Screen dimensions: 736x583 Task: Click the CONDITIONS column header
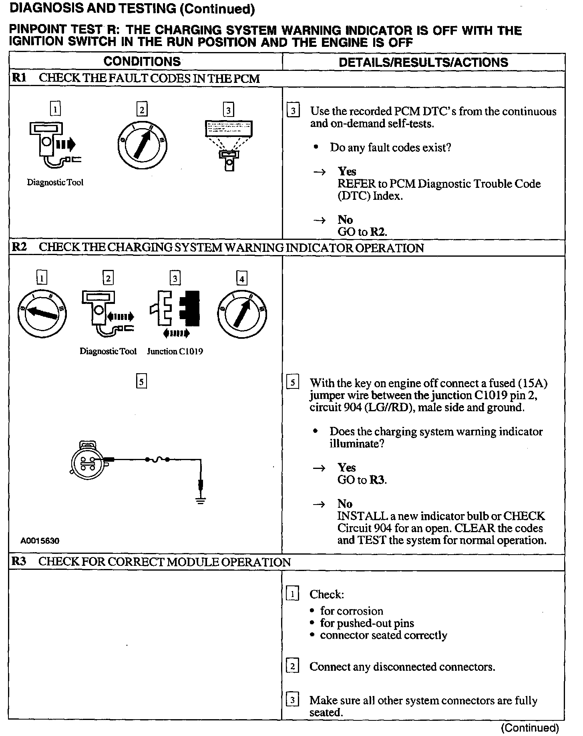coord(142,62)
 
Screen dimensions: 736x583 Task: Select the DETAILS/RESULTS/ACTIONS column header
coord(423,62)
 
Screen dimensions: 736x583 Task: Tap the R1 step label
coord(19,78)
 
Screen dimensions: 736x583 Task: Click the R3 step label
coord(18,561)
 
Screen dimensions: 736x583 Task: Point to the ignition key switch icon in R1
coord(142,144)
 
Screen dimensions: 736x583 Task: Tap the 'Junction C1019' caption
coord(175,352)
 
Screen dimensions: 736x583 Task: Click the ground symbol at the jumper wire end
coord(201,500)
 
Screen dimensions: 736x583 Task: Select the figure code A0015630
coord(40,541)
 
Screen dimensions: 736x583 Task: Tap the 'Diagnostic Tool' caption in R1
coord(55,183)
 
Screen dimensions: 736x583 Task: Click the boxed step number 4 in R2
coord(241,278)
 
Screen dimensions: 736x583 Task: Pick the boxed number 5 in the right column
coord(293,383)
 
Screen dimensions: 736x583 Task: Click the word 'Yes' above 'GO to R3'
coord(346,467)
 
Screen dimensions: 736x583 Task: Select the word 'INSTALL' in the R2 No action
coord(357,516)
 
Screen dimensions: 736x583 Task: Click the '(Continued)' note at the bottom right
coord(530,728)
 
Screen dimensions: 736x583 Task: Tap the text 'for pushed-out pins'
coord(367,623)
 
